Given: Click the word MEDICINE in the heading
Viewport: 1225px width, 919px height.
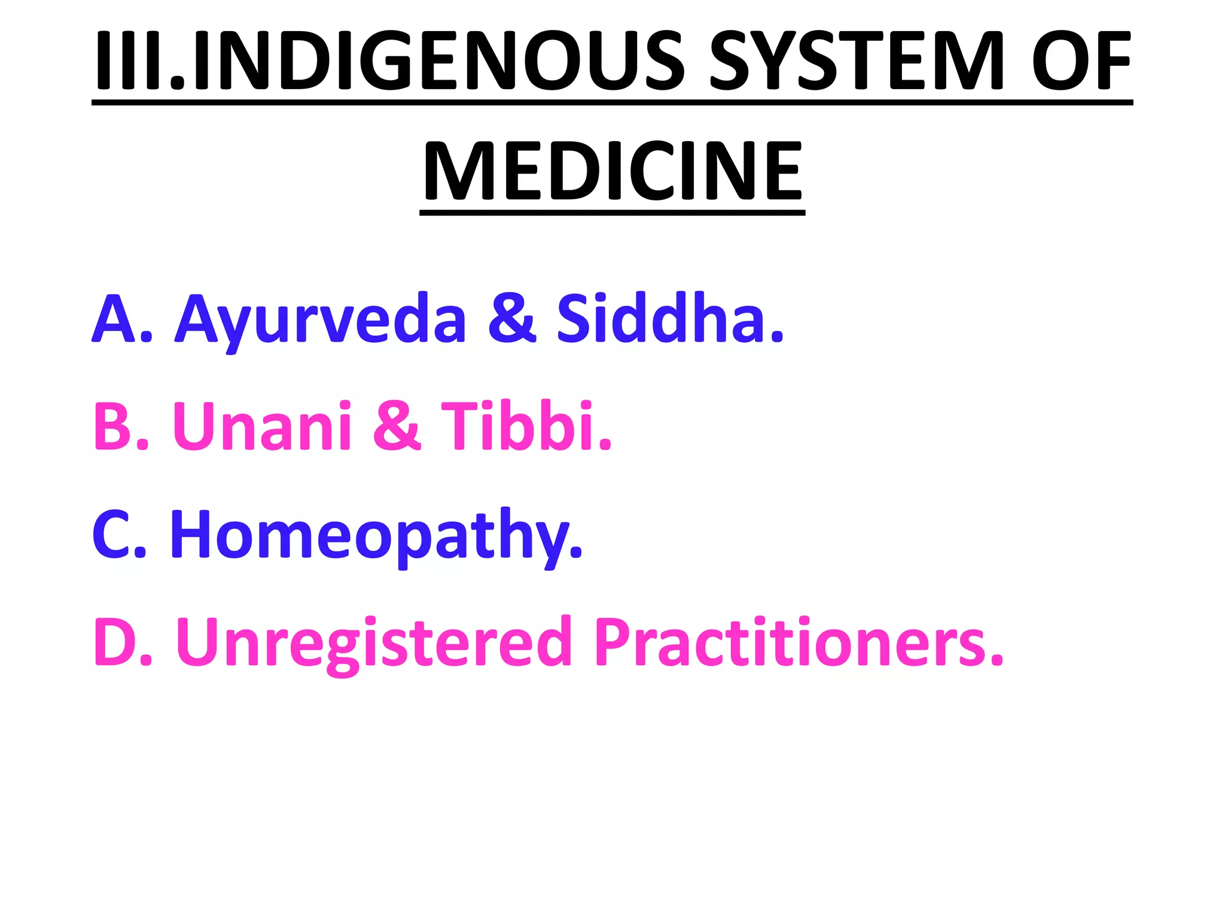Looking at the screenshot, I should [612, 171].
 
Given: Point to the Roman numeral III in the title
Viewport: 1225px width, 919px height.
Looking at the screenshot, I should [129, 60].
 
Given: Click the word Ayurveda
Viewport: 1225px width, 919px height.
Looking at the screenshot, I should [320, 320].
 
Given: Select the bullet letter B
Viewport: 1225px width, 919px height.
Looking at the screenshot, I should [114, 425].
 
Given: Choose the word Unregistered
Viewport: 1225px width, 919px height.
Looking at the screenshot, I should [374, 643].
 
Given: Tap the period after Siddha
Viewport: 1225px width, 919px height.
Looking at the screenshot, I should [776, 337].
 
